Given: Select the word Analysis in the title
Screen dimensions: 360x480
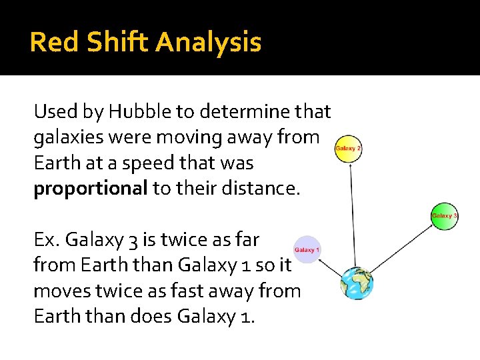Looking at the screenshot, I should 208,43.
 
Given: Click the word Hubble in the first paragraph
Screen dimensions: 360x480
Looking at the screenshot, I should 139,112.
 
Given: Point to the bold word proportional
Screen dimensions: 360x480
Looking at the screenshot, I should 91,189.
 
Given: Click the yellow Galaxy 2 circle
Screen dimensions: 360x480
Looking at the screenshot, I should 348,148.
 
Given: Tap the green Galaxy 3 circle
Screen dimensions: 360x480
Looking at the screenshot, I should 445,216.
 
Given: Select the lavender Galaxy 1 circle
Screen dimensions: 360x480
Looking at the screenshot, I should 307,249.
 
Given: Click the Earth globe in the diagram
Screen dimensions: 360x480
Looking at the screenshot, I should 357,283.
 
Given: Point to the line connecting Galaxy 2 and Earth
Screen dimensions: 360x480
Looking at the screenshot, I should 353,213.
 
